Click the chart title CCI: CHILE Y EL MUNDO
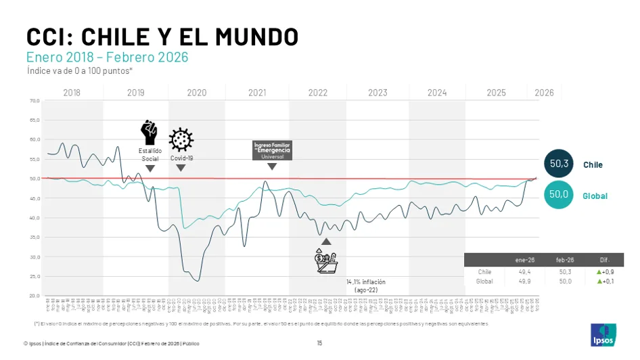(x=162, y=37)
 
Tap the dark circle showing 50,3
(x=559, y=164)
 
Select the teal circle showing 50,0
(x=559, y=195)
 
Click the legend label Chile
(x=593, y=164)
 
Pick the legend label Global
(x=595, y=196)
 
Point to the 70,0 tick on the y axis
(x=34, y=101)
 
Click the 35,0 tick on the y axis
(x=34, y=238)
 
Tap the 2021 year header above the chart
(x=257, y=93)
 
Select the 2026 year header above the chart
(x=544, y=93)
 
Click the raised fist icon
(x=149, y=131)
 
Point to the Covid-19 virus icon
(x=181, y=140)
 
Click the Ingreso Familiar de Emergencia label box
(x=272, y=150)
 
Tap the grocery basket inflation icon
(x=325, y=261)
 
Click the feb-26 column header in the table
(x=564, y=260)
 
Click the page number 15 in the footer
(x=319, y=342)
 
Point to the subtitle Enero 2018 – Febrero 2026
(x=107, y=58)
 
